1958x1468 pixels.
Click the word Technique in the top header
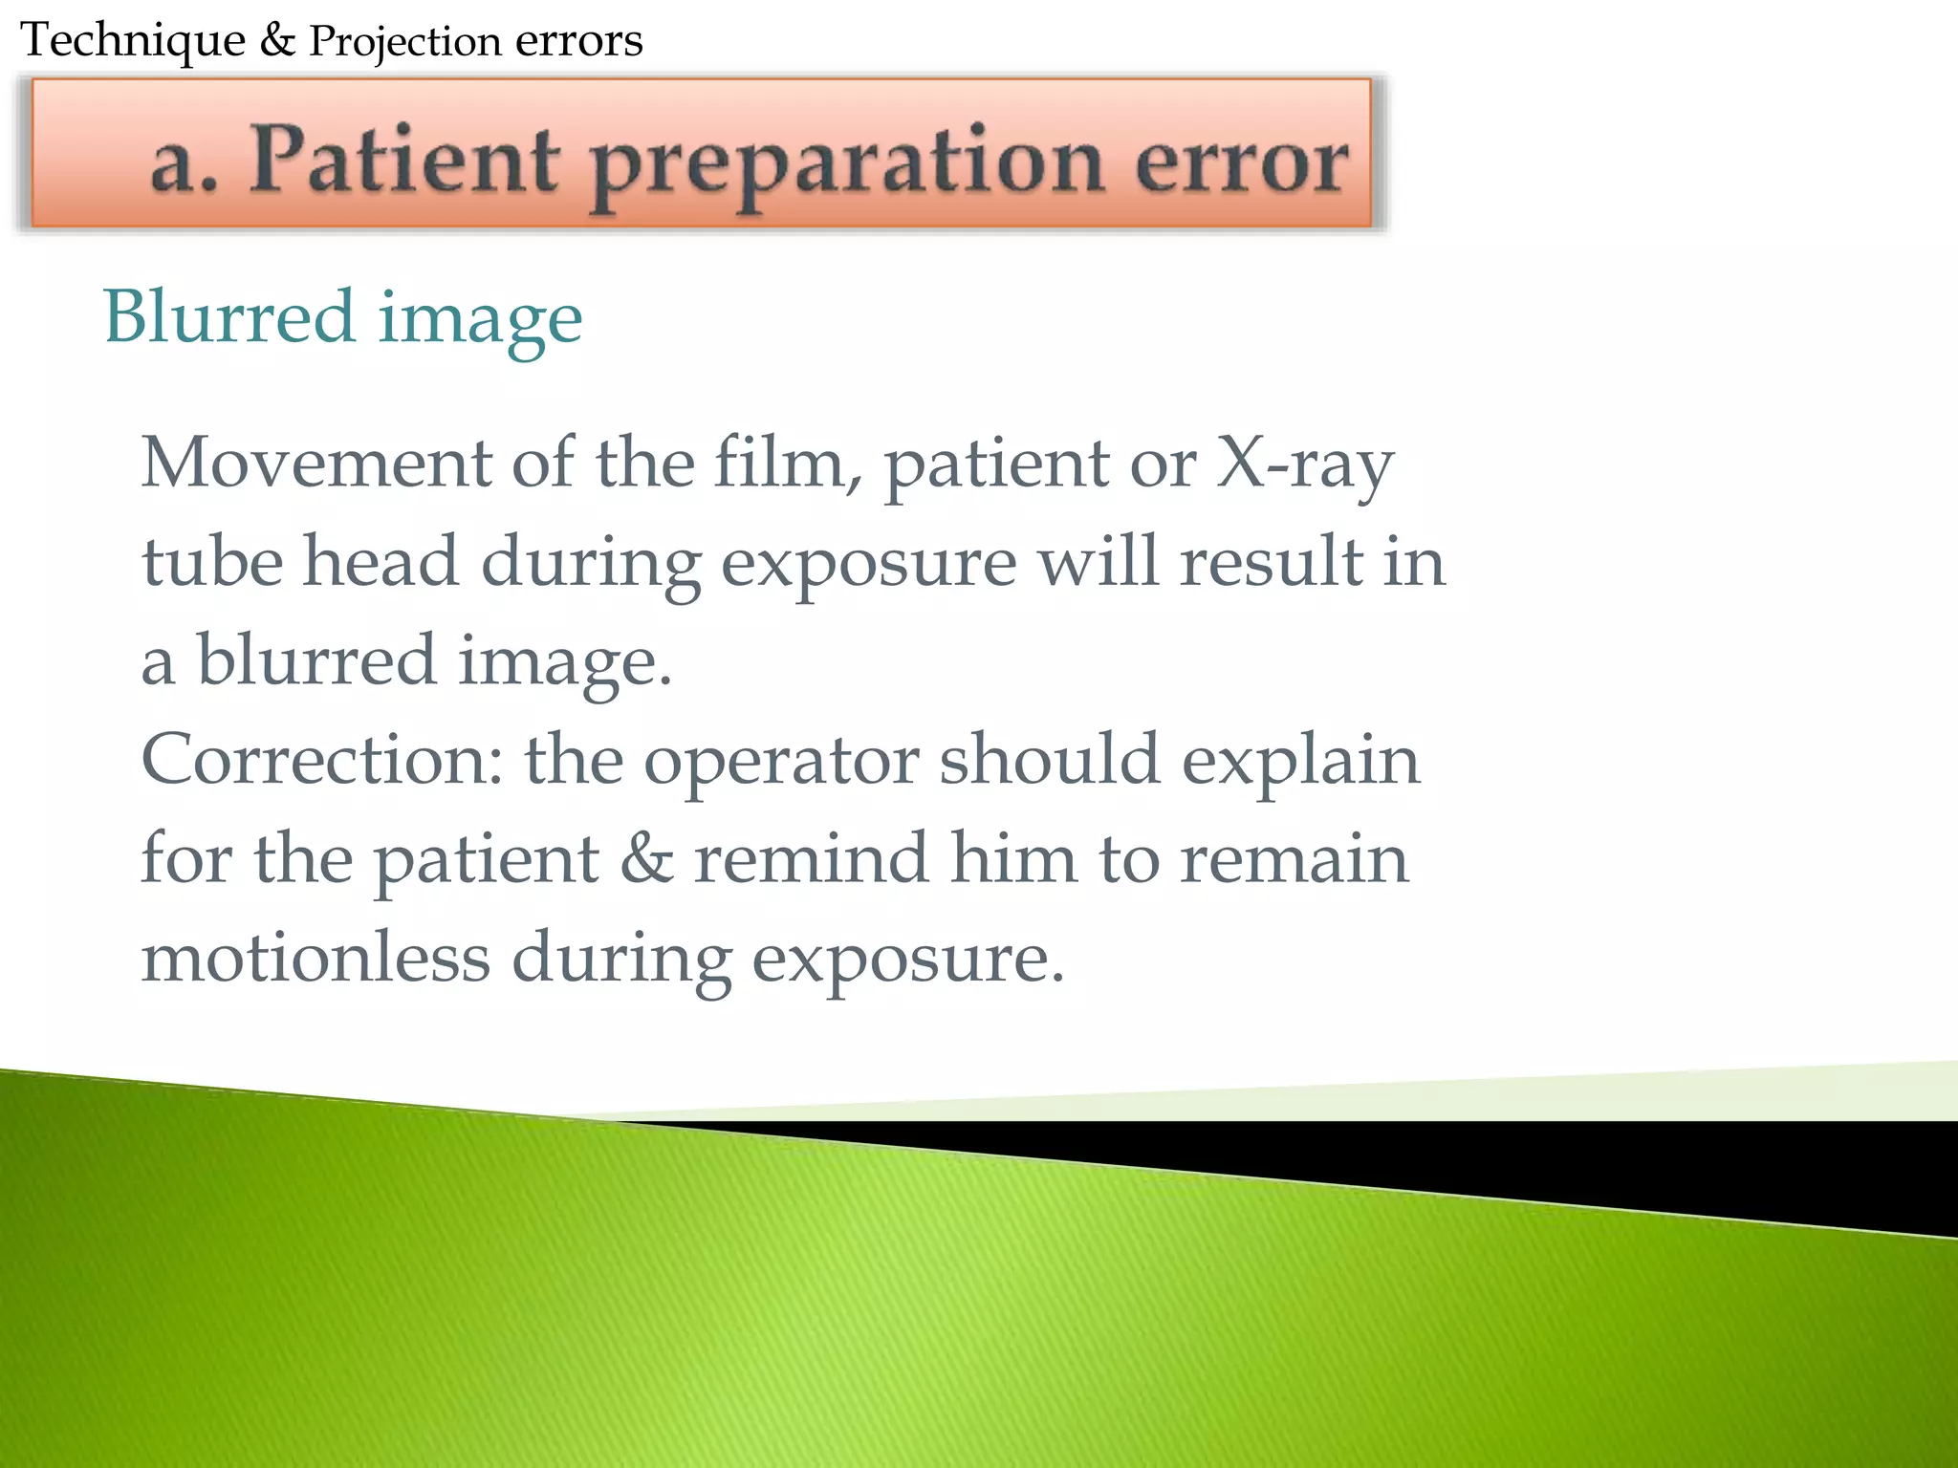point(133,41)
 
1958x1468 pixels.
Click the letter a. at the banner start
point(185,162)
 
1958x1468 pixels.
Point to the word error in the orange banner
point(1242,162)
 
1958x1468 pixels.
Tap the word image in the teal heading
point(480,319)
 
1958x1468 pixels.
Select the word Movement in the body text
point(315,463)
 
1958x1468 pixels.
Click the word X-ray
point(1305,464)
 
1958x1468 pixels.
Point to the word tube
point(212,562)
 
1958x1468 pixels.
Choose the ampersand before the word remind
point(646,858)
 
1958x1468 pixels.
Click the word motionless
point(315,958)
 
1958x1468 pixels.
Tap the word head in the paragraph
point(381,562)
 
